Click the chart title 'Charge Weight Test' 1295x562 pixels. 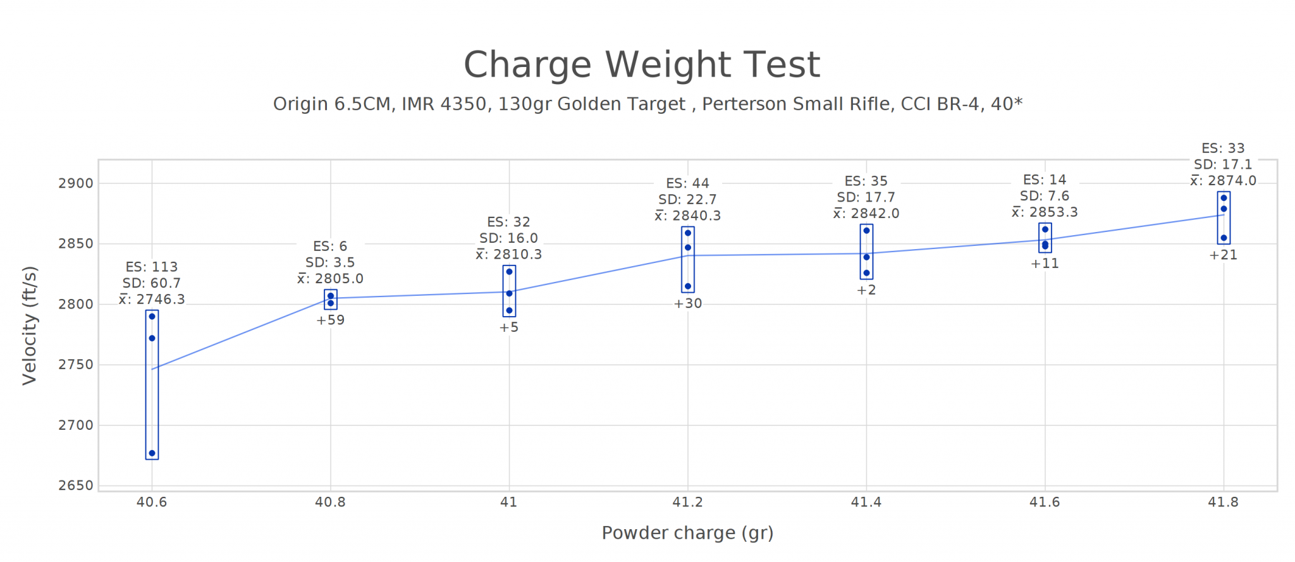tap(641, 64)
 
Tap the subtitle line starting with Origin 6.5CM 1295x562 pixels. tap(647, 104)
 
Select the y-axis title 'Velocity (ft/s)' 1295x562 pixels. tap(30, 326)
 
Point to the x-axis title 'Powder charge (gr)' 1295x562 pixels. tap(687, 533)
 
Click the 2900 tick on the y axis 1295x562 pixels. tap(76, 183)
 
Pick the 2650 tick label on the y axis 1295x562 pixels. tap(76, 486)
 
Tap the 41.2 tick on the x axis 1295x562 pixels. tap(687, 502)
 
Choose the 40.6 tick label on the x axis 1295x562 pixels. tap(152, 502)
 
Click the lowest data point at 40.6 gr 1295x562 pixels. tap(152, 453)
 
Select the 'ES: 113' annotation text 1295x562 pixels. tap(152, 267)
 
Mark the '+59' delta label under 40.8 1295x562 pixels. tap(330, 320)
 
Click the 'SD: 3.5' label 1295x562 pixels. tap(330, 262)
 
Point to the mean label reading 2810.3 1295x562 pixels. tap(509, 254)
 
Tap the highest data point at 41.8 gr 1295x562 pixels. tap(1224, 198)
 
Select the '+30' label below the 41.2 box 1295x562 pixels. tap(687, 303)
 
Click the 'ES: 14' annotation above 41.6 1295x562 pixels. tap(1045, 180)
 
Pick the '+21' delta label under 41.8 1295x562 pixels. tap(1224, 255)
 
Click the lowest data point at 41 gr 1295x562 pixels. tap(509, 310)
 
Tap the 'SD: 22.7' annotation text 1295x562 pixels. tap(687, 200)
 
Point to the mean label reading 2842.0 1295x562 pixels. tap(866, 214)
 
